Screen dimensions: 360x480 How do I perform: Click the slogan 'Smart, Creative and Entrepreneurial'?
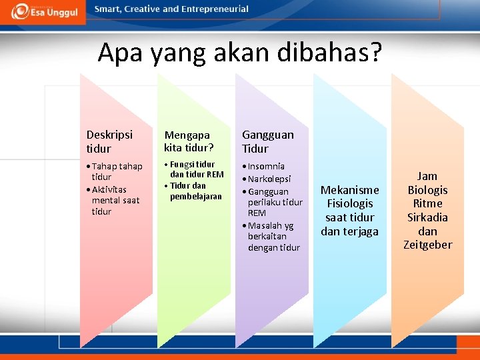tap(171, 9)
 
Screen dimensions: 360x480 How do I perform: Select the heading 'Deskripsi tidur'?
tap(109, 141)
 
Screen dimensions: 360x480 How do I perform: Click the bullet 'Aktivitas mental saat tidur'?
tap(114, 200)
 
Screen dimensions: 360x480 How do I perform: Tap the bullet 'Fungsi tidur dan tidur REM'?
tap(194, 169)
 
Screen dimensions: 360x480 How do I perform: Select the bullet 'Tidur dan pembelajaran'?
tap(194, 191)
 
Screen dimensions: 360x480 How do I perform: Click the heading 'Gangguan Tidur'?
tap(267, 141)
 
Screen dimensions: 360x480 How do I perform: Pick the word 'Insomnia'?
tap(266, 166)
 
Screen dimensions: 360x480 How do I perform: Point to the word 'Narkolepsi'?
tap(269, 179)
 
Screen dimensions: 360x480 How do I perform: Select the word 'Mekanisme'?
tap(349, 190)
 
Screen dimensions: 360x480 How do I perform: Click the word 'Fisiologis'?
tap(349, 203)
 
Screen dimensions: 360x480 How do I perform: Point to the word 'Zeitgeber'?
tap(427, 245)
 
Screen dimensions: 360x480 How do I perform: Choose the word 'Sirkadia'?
tap(427, 217)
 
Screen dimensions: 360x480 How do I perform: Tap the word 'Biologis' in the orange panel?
tap(427, 190)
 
